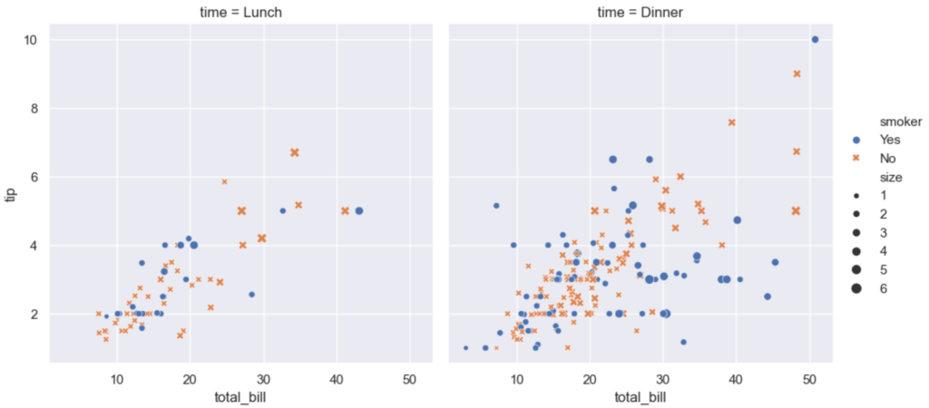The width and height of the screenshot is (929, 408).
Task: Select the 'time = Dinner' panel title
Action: coord(640,12)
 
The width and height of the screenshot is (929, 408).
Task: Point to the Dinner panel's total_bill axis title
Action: coord(640,396)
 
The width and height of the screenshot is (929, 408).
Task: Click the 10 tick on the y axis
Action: coord(30,40)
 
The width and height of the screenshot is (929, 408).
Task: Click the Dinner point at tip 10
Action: coord(815,40)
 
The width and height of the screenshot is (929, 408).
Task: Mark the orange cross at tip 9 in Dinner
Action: coord(797,73)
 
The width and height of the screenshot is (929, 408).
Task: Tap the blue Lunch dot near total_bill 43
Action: coord(358,210)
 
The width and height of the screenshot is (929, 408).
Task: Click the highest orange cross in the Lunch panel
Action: coord(295,152)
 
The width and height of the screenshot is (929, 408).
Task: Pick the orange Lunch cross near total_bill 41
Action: coord(345,210)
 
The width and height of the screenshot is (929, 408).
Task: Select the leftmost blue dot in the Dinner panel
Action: coord(466,347)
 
